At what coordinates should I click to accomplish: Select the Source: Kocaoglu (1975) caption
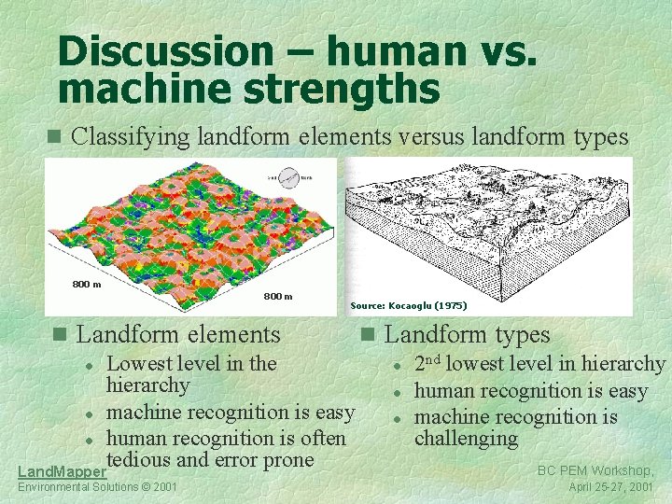(409, 305)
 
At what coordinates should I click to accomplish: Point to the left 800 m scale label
(87, 284)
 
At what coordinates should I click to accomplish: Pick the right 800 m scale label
(277, 297)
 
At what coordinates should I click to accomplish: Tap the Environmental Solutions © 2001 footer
(97, 487)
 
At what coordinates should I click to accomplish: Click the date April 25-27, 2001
(611, 487)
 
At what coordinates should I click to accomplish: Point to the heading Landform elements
(178, 333)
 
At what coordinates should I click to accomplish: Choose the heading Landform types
(468, 333)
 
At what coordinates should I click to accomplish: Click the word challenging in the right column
(466, 438)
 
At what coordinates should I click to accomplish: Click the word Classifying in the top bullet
(132, 137)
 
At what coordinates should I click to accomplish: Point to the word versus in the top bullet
(437, 137)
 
